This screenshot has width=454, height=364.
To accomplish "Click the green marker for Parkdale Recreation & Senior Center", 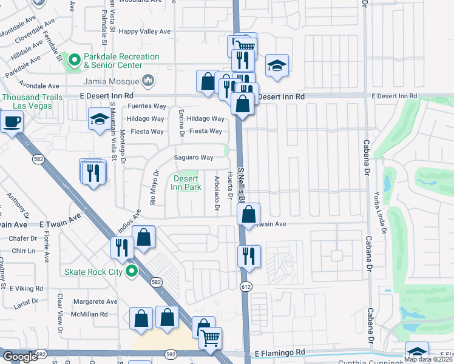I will (x=74, y=60).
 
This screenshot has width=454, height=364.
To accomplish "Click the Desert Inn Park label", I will (x=187, y=183).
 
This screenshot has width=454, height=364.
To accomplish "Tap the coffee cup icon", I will (x=11, y=123).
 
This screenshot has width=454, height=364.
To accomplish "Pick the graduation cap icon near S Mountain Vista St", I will (x=99, y=120).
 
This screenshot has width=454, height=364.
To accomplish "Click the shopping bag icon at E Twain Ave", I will (x=248, y=214).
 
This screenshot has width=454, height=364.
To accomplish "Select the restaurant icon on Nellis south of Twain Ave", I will (x=249, y=256).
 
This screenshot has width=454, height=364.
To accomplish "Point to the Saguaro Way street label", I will (x=194, y=158).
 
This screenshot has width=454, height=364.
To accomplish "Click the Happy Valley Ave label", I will (x=146, y=32).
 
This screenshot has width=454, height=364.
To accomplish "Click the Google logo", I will (x=20, y=357).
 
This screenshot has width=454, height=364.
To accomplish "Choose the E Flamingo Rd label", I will (x=279, y=352).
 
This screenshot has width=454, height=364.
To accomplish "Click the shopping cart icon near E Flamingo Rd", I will (x=210, y=338).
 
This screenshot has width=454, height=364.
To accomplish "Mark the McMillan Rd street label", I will (x=90, y=314).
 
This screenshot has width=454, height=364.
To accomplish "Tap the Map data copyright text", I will (x=428, y=359).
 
